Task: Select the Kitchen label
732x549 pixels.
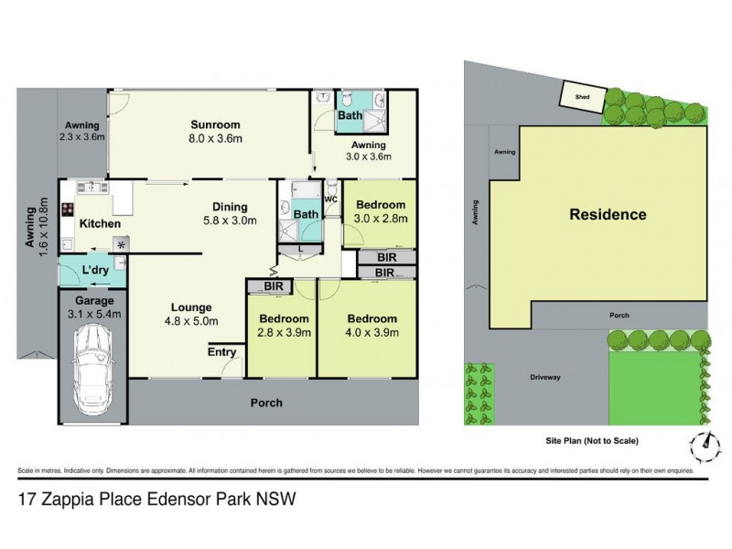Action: coord(101,223)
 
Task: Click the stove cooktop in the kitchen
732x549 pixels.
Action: coord(69,210)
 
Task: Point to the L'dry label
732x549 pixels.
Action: coord(93,271)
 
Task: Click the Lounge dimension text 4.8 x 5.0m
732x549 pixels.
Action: coord(189,321)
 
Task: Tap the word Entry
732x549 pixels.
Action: coord(221,352)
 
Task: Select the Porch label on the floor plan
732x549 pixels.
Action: coord(267,403)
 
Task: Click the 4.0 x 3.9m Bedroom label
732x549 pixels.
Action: coord(372,318)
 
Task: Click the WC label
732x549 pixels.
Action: coord(331,199)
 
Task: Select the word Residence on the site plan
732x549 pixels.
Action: coord(608,216)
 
